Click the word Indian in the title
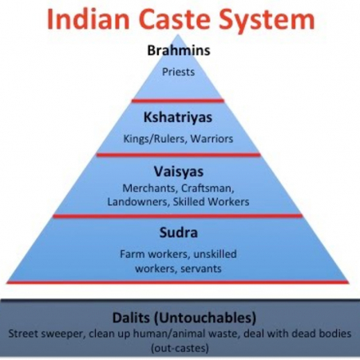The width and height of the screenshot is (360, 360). pyautogui.click(x=89, y=19)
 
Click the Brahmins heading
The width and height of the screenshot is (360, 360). pyautogui.click(x=179, y=50)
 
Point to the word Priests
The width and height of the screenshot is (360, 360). pyautogui.click(x=179, y=72)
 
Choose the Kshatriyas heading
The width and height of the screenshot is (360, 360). pyautogui.click(x=178, y=117)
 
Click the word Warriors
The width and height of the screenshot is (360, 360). pyautogui.click(x=212, y=139)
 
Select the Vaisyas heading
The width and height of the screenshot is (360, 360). pyautogui.click(x=179, y=172)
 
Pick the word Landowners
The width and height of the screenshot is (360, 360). pyautogui.click(x=138, y=202)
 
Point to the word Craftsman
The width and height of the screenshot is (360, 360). pyautogui.click(x=208, y=188)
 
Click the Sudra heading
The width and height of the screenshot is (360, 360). pyautogui.click(x=179, y=232)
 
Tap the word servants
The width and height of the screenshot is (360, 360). pyautogui.click(x=201, y=268)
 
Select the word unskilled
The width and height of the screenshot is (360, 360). pyautogui.click(x=215, y=254)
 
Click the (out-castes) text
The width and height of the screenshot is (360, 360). pyautogui.click(x=180, y=348)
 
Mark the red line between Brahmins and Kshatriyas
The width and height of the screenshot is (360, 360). pyautogui.click(x=178, y=101)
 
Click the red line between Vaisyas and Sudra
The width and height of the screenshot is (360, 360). pyautogui.click(x=178, y=216)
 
